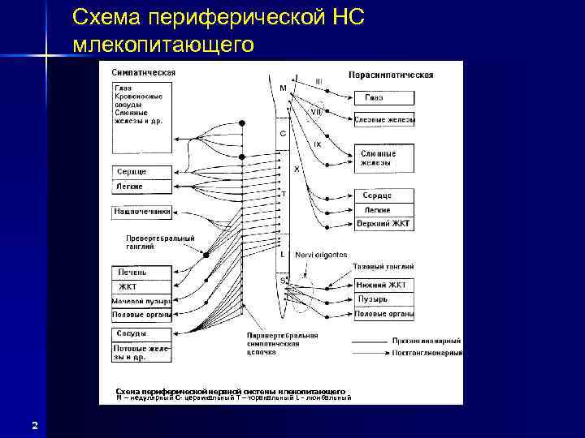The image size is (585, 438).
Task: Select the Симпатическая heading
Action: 143,72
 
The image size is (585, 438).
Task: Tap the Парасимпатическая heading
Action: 391,75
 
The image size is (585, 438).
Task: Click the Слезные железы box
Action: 384,119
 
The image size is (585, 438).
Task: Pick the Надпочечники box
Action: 142,213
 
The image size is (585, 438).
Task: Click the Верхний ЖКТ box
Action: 384,224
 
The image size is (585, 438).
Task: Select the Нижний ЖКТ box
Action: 384,285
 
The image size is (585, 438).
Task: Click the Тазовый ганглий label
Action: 383,266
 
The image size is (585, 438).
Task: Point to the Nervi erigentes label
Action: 321,254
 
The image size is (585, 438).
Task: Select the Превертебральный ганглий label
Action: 160,243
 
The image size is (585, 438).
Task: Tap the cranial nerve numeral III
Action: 318,81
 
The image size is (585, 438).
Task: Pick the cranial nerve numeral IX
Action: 317,144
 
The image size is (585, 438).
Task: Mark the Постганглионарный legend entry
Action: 437,353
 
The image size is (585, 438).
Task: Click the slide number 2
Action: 34,425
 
